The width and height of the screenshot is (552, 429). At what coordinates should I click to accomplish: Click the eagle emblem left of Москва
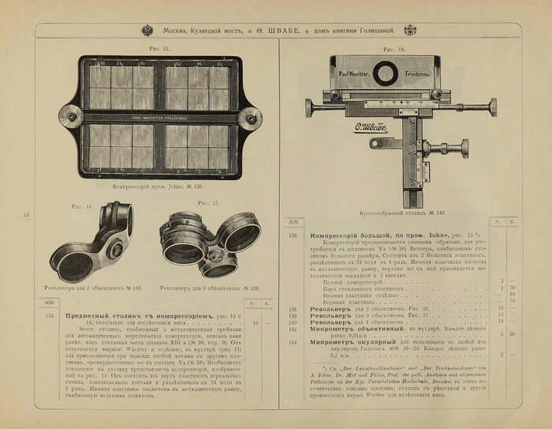click(x=147, y=30)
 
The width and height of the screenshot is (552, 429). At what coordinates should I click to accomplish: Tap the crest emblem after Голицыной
click(x=409, y=30)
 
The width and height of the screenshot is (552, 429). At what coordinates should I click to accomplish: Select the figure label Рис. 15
click(x=160, y=49)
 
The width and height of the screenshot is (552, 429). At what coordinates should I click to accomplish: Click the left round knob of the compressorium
click(x=71, y=118)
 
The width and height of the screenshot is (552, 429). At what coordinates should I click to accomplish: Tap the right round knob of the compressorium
click(x=251, y=119)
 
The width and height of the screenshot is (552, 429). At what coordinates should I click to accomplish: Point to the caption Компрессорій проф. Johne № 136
click(x=161, y=188)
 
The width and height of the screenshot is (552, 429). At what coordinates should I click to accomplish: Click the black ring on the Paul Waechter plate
click(x=385, y=74)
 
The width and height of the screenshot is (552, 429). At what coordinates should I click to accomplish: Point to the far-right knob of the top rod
click(x=493, y=107)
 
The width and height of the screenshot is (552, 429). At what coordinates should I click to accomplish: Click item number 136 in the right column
click(x=293, y=235)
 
